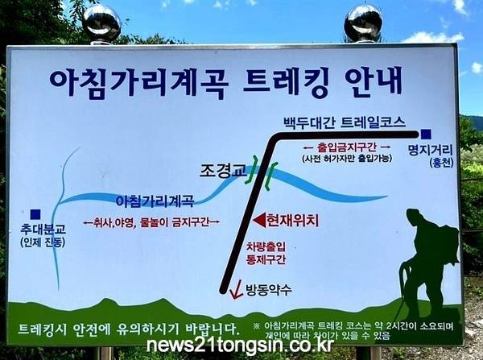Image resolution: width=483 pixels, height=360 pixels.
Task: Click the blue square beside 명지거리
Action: tap(426, 134)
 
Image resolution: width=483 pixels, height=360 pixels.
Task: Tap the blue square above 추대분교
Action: tap(35, 214)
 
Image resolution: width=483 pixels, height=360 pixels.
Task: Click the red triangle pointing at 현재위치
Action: tap(258, 221)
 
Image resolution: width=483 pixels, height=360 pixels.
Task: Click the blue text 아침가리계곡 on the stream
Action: tap(155, 201)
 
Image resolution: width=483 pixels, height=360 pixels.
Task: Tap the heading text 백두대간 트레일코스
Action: tap(345, 122)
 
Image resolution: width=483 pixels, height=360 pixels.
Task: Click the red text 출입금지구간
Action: tap(347, 147)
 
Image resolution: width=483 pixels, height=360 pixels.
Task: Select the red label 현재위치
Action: tap(292, 221)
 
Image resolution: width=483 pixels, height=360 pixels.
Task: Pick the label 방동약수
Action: tap(268, 290)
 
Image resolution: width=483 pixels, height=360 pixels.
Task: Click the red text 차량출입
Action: tap(266, 246)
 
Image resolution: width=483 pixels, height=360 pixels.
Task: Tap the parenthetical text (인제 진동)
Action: tap(43, 242)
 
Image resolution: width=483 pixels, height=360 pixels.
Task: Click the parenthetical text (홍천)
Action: tap(441, 163)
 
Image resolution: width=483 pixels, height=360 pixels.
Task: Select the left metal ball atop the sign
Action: tap(101, 23)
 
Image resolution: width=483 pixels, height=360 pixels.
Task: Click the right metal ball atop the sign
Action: tap(363, 23)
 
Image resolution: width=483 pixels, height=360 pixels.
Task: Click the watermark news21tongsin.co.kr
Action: tap(240, 346)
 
